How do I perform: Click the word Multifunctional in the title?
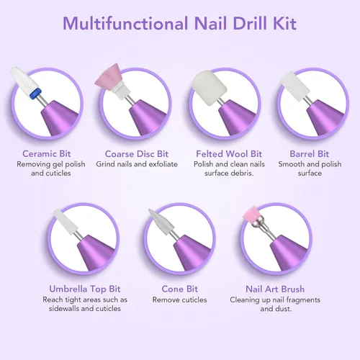coord(125,23)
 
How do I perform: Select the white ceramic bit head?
coord(24,79)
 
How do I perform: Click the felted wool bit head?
coord(210,88)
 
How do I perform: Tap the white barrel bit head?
coord(292,86)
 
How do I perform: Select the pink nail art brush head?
coord(250,214)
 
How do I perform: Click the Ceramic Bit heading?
coord(47,153)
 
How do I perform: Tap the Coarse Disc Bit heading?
coord(137,154)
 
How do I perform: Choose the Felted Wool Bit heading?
coord(229,154)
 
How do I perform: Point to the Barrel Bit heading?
coord(309,154)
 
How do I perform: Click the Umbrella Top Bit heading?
coord(85,289)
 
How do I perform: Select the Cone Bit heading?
coord(180,289)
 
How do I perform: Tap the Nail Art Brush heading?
coord(275,289)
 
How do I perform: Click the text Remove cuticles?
coord(180,300)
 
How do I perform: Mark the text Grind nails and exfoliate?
coord(137,164)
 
